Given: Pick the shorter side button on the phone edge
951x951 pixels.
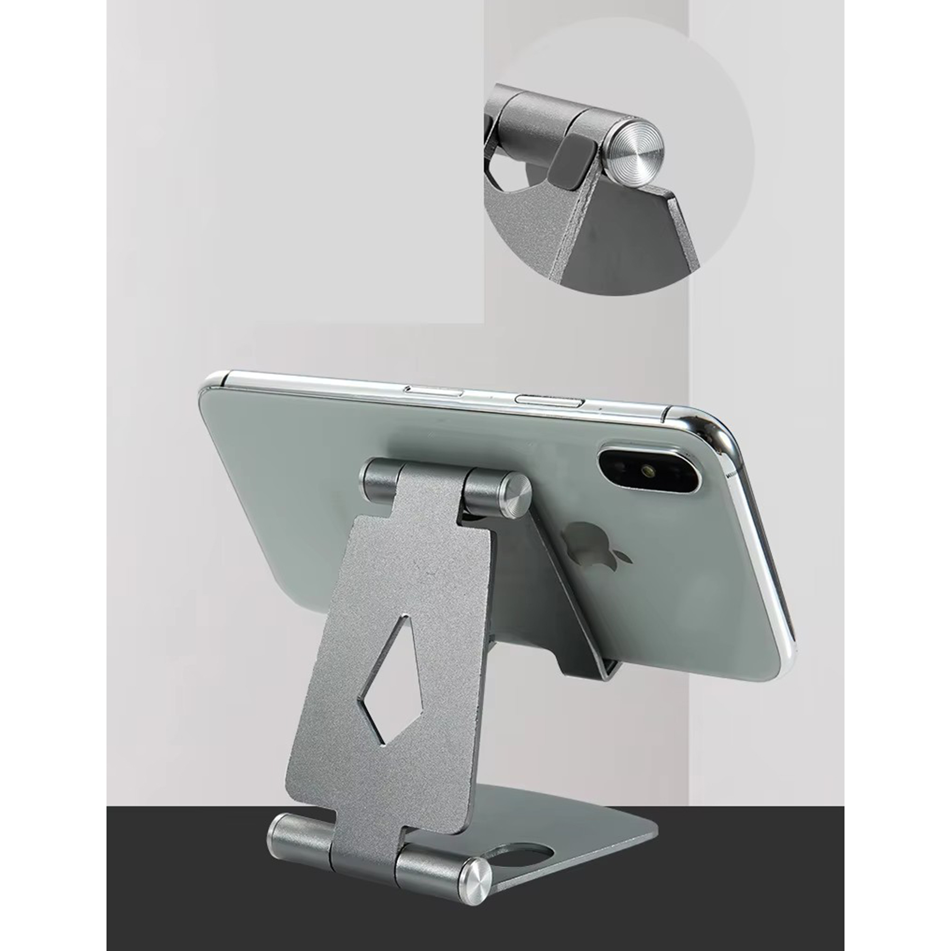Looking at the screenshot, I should [x=433, y=392].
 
